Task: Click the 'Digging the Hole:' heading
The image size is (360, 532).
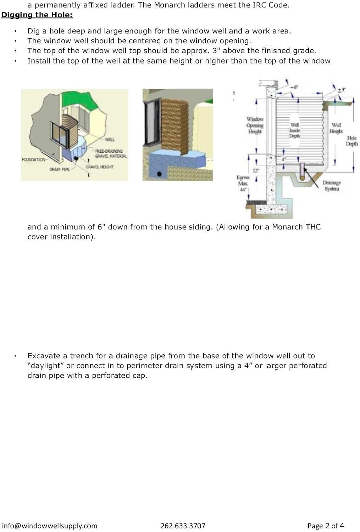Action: pyautogui.click(x=37, y=15)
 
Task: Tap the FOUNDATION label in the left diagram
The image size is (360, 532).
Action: pyautogui.click(x=34, y=160)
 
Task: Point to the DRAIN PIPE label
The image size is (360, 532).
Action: pyautogui.click(x=60, y=169)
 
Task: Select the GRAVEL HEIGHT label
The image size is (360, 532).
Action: pyautogui.click(x=99, y=167)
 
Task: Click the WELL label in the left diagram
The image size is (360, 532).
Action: pyautogui.click(x=110, y=139)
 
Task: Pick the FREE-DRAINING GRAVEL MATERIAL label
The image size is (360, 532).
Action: pyautogui.click(x=111, y=154)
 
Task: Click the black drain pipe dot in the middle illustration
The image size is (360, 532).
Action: pyautogui.click(x=160, y=174)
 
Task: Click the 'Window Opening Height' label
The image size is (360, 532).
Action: pyautogui.click(x=255, y=125)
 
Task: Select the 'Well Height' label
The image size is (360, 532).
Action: pyautogui.click(x=336, y=128)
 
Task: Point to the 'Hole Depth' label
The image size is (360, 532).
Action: pyautogui.click(x=352, y=141)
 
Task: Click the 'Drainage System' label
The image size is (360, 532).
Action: pyautogui.click(x=332, y=185)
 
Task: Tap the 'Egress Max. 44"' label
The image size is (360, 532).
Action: pyautogui.click(x=243, y=183)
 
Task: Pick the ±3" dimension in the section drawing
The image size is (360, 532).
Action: pyautogui.click(x=342, y=90)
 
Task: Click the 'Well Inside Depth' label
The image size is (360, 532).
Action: pyautogui.click(x=295, y=130)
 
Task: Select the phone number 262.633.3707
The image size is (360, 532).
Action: pyautogui.click(x=183, y=526)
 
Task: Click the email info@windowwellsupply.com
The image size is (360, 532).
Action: pyautogui.click(x=50, y=526)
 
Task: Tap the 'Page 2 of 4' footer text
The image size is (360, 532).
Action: pyautogui.click(x=326, y=526)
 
